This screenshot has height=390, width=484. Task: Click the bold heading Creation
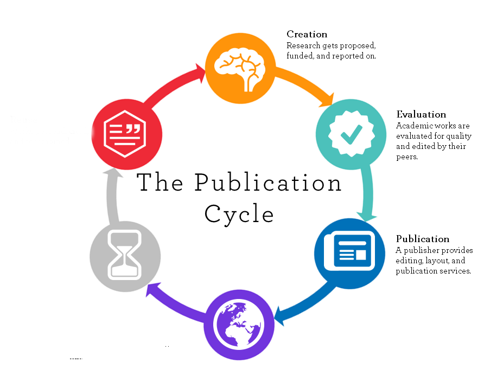tap(307, 35)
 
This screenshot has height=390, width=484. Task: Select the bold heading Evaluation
tap(421, 114)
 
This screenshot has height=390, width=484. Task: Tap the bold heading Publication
tap(423, 239)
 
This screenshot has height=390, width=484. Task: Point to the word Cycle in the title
tap(239, 214)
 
